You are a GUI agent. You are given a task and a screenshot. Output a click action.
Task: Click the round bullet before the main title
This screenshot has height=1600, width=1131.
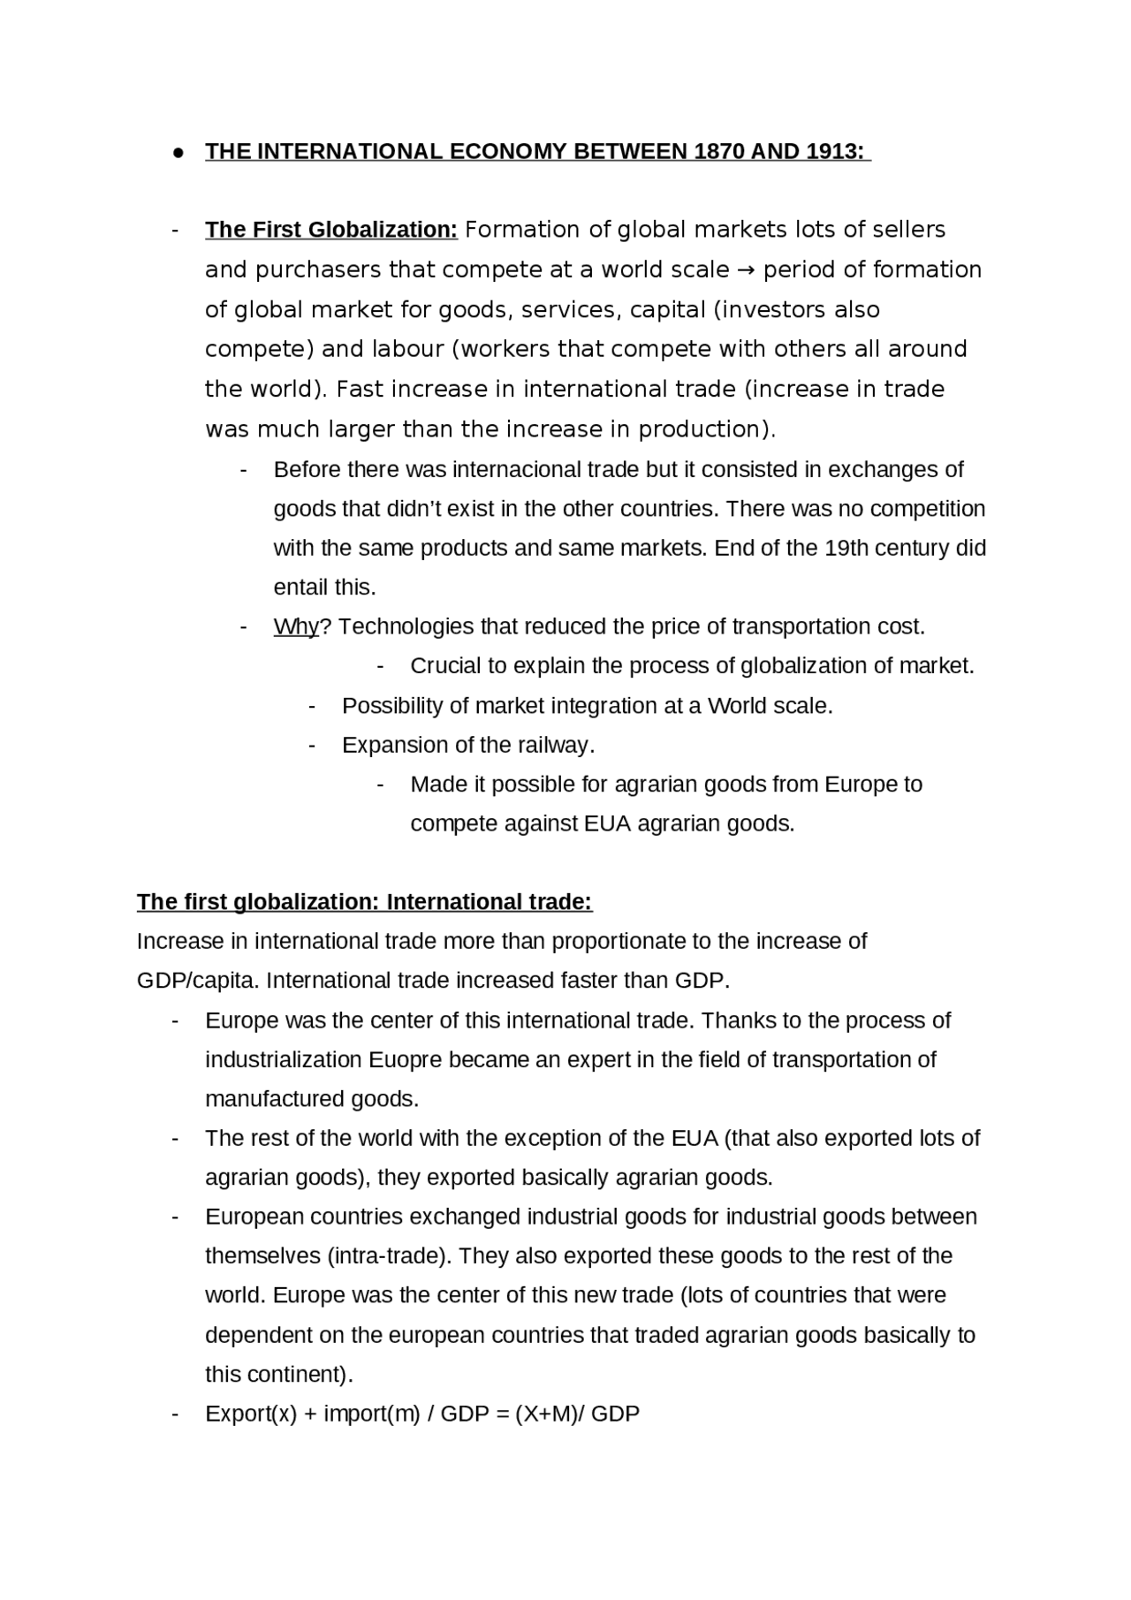(x=178, y=152)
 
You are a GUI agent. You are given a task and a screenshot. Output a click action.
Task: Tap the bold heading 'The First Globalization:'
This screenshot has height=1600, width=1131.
(x=331, y=230)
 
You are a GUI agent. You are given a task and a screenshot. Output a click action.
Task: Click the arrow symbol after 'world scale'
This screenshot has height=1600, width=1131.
(x=746, y=269)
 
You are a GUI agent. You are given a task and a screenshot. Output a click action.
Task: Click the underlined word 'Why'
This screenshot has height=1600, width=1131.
(x=295, y=626)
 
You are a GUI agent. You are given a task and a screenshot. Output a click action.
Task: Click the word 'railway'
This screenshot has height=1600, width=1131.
(x=552, y=745)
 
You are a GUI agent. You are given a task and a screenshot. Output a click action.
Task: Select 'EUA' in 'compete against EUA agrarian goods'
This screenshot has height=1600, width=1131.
(x=607, y=823)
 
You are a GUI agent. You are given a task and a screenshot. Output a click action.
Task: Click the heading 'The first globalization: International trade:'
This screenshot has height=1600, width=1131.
(x=364, y=902)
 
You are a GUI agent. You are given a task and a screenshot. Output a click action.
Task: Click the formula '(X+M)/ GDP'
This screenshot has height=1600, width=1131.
(x=577, y=1414)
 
